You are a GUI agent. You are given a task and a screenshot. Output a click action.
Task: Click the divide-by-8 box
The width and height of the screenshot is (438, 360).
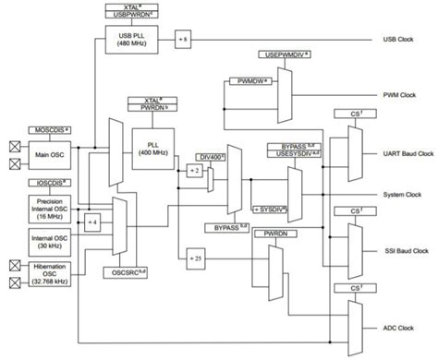184,40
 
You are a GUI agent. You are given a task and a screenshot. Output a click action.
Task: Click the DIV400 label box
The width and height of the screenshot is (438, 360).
214,158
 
